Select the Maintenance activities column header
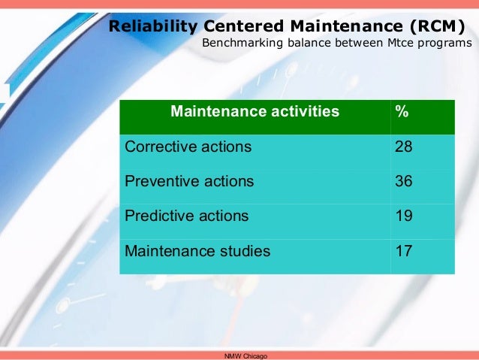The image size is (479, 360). tap(255, 113)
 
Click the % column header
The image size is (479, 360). tap(402, 113)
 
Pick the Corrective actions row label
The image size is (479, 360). tap(188, 147)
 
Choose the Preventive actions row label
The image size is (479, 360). tap(189, 181)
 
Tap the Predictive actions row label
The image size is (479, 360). tap(186, 216)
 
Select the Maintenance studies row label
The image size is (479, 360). tap(197, 250)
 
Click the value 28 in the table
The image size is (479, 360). tap(404, 147)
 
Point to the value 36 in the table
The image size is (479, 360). tap(404, 181)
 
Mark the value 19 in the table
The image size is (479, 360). tap(404, 216)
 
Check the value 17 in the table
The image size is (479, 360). tap(404, 250)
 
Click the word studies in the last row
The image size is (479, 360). tap(244, 250)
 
